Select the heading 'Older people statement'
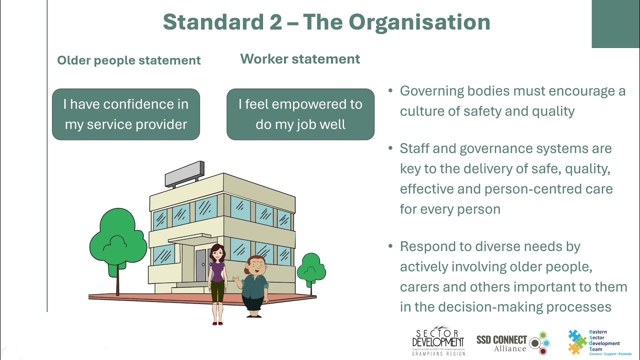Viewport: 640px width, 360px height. pyautogui.click(x=128, y=60)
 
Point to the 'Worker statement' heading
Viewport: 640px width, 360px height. pyautogui.click(x=300, y=59)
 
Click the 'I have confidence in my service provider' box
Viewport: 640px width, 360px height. pyautogui.click(x=126, y=114)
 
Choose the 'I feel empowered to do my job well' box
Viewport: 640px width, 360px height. pyautogui.click(x=300, y=114)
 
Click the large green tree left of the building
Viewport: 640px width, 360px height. pyautogui.click(x=118, y=240)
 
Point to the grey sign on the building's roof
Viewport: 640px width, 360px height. pyautogui.click(x=184, y=172)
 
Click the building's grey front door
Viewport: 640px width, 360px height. pyautogui.click(x=201, y=265)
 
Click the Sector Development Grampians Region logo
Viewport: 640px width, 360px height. pyautogui.click(x=438, y=342)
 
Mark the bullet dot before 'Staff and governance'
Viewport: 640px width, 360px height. pyautogui.click(x=391, y=148)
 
